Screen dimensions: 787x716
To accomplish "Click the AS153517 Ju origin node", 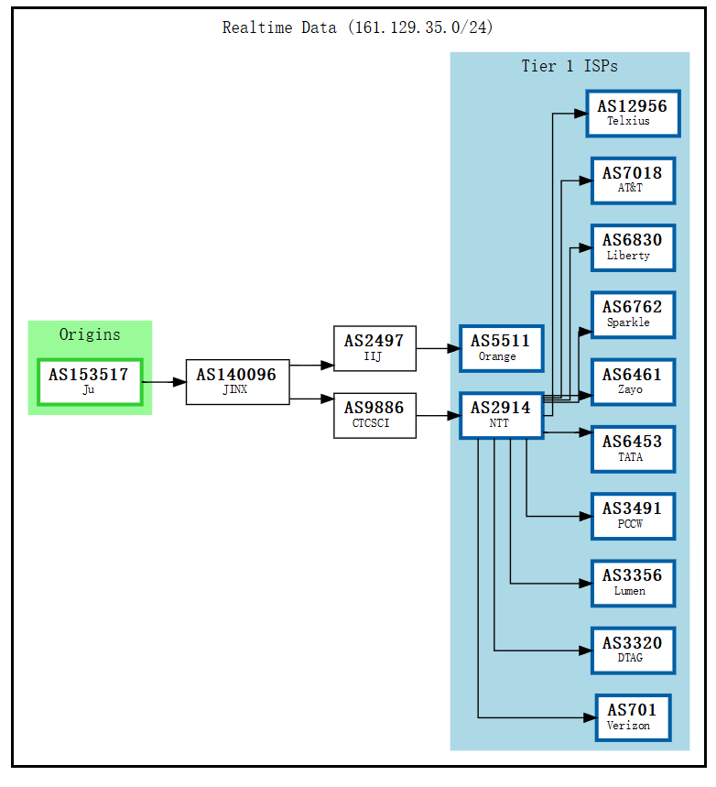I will coord(90,381).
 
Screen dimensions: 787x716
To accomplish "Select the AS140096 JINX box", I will coord(237,381).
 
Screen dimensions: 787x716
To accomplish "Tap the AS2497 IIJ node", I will coord(374,348).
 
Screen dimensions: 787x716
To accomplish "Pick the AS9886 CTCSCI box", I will coord(374,415).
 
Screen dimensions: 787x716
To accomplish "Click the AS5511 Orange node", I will coord(501,348).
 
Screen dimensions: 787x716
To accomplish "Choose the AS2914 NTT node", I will coord(501,415).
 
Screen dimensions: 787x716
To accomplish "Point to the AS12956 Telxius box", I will coord(633,113).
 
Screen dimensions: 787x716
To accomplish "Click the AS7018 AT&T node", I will coord(632,180).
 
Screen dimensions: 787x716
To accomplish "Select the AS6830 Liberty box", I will coord(632,247).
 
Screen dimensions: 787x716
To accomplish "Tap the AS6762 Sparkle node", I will coord(632,314).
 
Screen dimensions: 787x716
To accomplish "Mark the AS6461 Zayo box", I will coord(632,381).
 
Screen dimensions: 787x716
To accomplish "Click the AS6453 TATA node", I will coord(632,449).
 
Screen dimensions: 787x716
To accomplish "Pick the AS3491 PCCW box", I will coord(632,516).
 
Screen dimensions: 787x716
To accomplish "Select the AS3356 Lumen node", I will coord(632,583).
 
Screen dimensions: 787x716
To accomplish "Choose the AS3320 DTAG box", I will coord(632,650).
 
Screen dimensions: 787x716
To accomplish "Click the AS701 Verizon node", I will coord(632,717).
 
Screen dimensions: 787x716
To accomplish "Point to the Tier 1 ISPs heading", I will coord(570,66).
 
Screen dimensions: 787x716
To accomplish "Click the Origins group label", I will coord(90,334).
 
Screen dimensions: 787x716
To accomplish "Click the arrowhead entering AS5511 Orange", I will coord(452,348).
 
